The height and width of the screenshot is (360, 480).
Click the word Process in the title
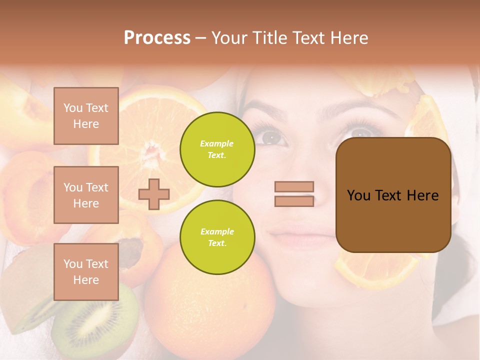tap(157, 38)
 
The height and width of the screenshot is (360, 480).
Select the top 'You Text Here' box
tap(86, 116)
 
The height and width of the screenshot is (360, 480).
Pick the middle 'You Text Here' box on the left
tap(86, 195)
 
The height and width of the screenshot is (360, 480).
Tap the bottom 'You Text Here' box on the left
tap(86, 272)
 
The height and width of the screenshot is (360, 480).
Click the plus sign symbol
tap(154, 194)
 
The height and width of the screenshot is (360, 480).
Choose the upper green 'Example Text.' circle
tap(217, 149)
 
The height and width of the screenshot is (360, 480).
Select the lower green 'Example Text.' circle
tap(217, 237)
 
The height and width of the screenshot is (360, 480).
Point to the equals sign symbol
tap(294, 194)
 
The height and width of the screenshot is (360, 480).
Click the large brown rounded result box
tap(393, 195)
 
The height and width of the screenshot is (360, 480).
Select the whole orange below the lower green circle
tap(210, 305)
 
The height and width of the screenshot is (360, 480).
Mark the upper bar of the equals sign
tap(294, 186)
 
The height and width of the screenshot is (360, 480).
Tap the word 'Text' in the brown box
tap(393, 195)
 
